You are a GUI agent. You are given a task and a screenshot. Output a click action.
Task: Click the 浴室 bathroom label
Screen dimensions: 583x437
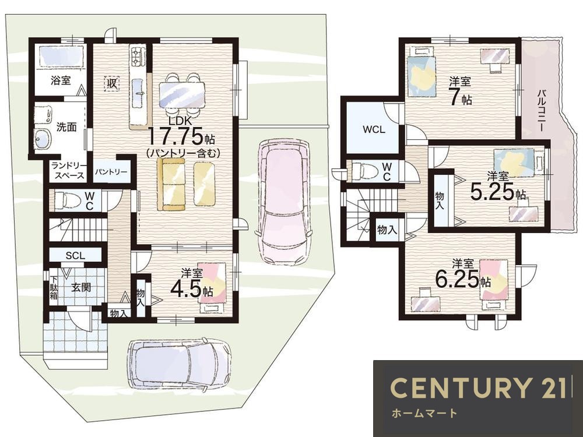tap(61, 80)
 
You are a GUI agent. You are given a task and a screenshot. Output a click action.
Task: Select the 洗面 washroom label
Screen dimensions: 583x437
tap(66, 127)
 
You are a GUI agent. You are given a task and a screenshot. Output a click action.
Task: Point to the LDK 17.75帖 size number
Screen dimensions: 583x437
tap(176, 135)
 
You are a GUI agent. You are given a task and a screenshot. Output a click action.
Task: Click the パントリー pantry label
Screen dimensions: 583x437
tap(110, 172)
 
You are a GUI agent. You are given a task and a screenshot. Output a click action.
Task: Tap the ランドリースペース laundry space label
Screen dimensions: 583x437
tap(68, 171)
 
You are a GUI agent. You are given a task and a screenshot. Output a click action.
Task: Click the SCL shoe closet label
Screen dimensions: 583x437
tap(75, 256)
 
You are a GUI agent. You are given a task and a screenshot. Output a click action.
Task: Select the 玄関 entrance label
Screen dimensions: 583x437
tap(81, 287)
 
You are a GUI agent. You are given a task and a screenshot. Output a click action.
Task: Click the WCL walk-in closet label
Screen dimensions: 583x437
tap(374, 130)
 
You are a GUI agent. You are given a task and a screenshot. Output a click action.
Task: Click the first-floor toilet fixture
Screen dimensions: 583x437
tap(67, 200)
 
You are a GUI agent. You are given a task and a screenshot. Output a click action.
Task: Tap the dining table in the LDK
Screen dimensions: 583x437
tap(182, 95)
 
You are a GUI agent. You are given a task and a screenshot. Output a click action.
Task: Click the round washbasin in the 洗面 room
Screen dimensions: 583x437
tap(42, 139)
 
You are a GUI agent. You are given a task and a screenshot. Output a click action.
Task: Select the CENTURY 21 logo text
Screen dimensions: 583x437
tap(478, 387)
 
